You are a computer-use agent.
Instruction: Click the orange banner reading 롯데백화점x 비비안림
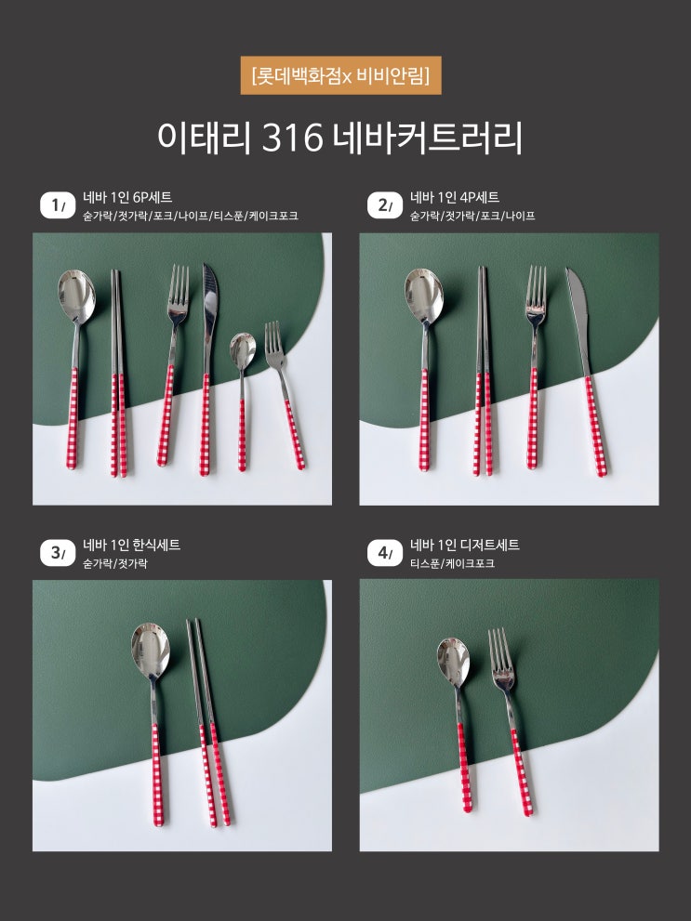click(x=340, y=75)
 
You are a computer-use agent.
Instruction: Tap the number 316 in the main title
click(x=293, y=138)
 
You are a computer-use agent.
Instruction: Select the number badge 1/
click(x=58, y=205)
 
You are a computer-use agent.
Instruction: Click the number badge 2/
click(x=385, y=205)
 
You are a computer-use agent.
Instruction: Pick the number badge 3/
click(x=58, y=553)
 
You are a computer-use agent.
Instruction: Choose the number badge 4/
click(x=385, y=553)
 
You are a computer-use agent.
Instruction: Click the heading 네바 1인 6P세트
click(x=127, y=197)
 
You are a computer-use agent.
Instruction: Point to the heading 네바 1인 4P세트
click(x=455, y=197)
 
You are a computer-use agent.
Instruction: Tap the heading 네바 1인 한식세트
click(x=132, y=546)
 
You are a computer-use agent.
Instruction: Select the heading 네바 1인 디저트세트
click(x=465, y=546)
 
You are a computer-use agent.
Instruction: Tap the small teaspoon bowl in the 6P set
click(x=242, y=350)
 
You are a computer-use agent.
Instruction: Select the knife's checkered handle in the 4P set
click(x=596, y=426)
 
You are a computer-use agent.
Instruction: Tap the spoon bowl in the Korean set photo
click(x=151, y=649)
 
